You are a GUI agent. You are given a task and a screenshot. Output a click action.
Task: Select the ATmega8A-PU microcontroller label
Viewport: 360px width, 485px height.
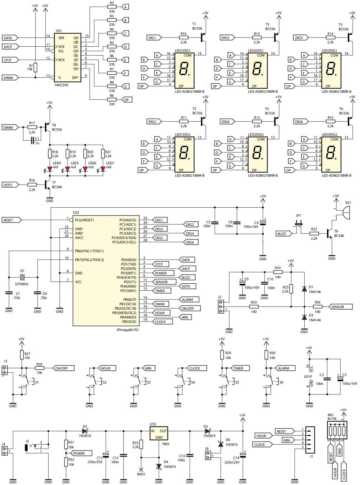click(127, 330)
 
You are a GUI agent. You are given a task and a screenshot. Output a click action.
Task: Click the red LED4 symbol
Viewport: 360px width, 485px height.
click(50, 169)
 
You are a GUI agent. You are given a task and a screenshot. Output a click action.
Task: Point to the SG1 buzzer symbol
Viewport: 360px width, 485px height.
click(345, 212)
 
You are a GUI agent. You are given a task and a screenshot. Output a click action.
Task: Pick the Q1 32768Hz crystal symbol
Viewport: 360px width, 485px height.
click(22, 277)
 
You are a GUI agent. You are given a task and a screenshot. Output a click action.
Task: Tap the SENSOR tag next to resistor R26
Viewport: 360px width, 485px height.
click(337, 307)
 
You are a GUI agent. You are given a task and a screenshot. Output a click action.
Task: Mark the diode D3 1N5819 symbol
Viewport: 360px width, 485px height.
click(85, 431)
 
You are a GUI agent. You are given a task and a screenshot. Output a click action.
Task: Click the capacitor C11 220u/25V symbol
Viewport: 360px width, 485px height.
click(105, 455)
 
